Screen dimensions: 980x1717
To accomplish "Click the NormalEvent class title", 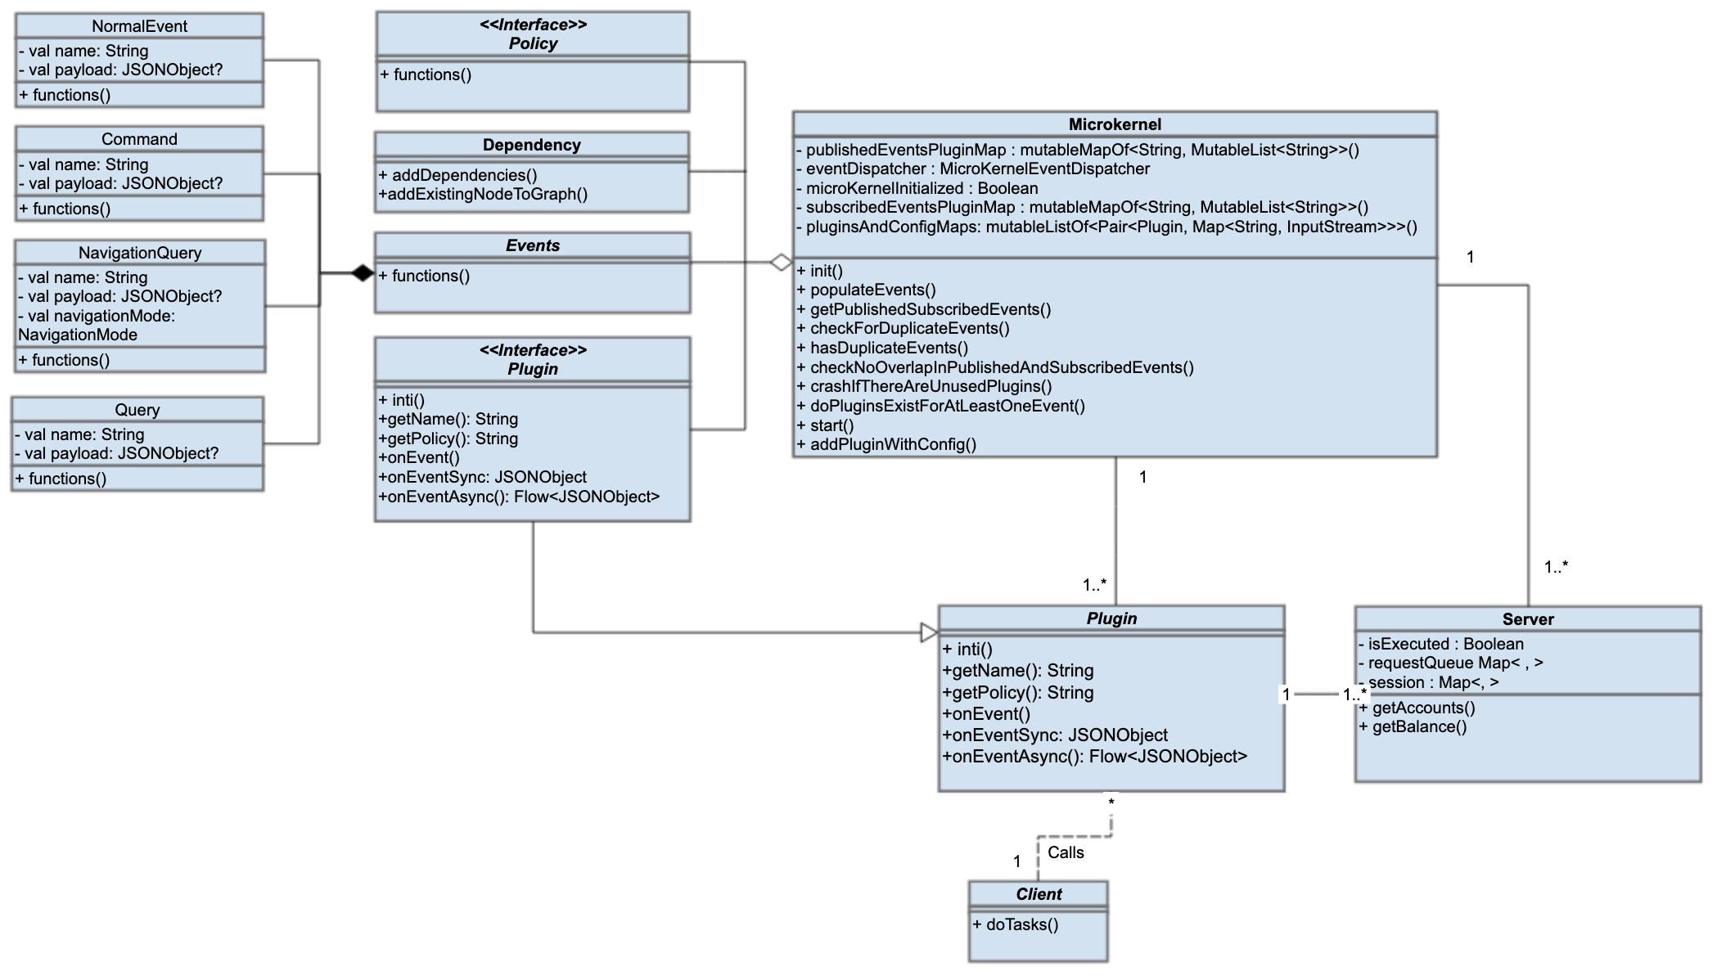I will click(x=139, y=26).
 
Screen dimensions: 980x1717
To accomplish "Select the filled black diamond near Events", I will click(x=363, y=273).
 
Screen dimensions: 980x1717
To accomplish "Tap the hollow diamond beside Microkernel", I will click(x=781, y=263).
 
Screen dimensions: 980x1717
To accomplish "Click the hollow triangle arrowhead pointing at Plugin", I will click(x=929, y=632).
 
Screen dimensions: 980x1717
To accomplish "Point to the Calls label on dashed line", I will click(x=1066, y=852).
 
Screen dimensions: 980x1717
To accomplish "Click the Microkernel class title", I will click(x=1115, y=124).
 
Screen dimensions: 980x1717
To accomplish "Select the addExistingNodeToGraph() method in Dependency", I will click(x=484, y=195).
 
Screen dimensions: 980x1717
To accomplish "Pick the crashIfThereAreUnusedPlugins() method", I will click(x=925, y=386).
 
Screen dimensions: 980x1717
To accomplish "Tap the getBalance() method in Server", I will click(x=1413, y=726).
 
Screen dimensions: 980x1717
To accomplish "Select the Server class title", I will click(x=1527, y=619).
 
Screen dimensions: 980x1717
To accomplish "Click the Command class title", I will click(x=139, y=139).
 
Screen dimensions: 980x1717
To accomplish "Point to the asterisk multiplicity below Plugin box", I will click(x=1111, y=803).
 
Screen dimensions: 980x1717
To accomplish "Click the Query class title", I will click(x=137, y=410).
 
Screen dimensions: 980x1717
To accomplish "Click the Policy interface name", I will click(x=533, y=43).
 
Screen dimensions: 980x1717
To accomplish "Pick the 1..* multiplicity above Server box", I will click(x=1556, y=566).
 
